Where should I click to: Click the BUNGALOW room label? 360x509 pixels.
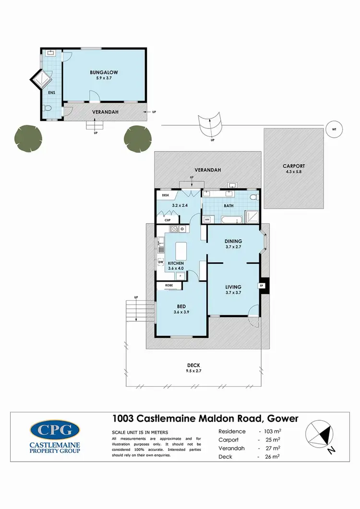pos(104,72)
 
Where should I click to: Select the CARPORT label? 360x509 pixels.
pos(294,166)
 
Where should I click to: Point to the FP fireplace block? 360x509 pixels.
pos(262,286)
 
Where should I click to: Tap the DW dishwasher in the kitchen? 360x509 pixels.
pos(161,261)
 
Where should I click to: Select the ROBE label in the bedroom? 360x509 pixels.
pos(169,285)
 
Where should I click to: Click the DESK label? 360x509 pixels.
pos(166,195)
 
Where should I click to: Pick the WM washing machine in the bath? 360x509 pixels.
pos(207,219)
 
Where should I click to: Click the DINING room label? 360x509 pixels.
pos(233,241)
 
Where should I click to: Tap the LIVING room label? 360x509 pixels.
pos(233,287)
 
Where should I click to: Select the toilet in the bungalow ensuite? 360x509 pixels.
pos(47,108)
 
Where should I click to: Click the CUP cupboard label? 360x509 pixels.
pos(168,220)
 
